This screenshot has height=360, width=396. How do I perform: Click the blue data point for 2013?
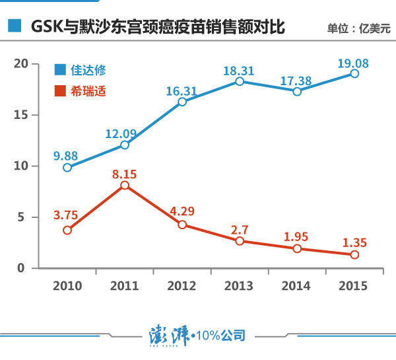[240, 81]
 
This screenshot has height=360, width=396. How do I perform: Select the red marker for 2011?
[125, 186]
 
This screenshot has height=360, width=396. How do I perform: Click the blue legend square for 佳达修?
[60, 69]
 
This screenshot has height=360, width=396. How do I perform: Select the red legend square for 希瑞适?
[60, 90]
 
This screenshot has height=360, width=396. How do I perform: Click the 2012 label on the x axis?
[182, 286]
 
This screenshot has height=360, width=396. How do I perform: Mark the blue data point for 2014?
[297, 91]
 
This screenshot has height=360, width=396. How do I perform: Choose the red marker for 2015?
[354, 254]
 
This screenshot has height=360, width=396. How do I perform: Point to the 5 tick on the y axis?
[22, 217]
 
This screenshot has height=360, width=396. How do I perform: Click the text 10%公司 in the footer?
[220, 336]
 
